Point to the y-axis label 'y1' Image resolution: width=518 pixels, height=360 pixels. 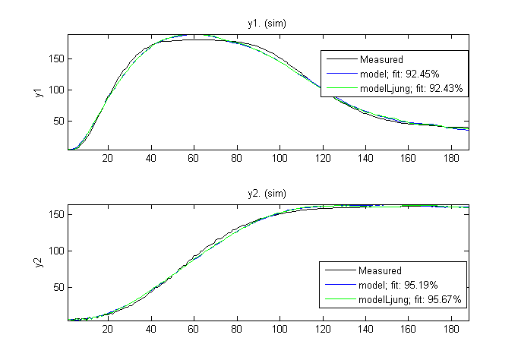(x=37, y=93)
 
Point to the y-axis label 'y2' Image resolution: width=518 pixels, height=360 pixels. (x=37, y=262)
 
